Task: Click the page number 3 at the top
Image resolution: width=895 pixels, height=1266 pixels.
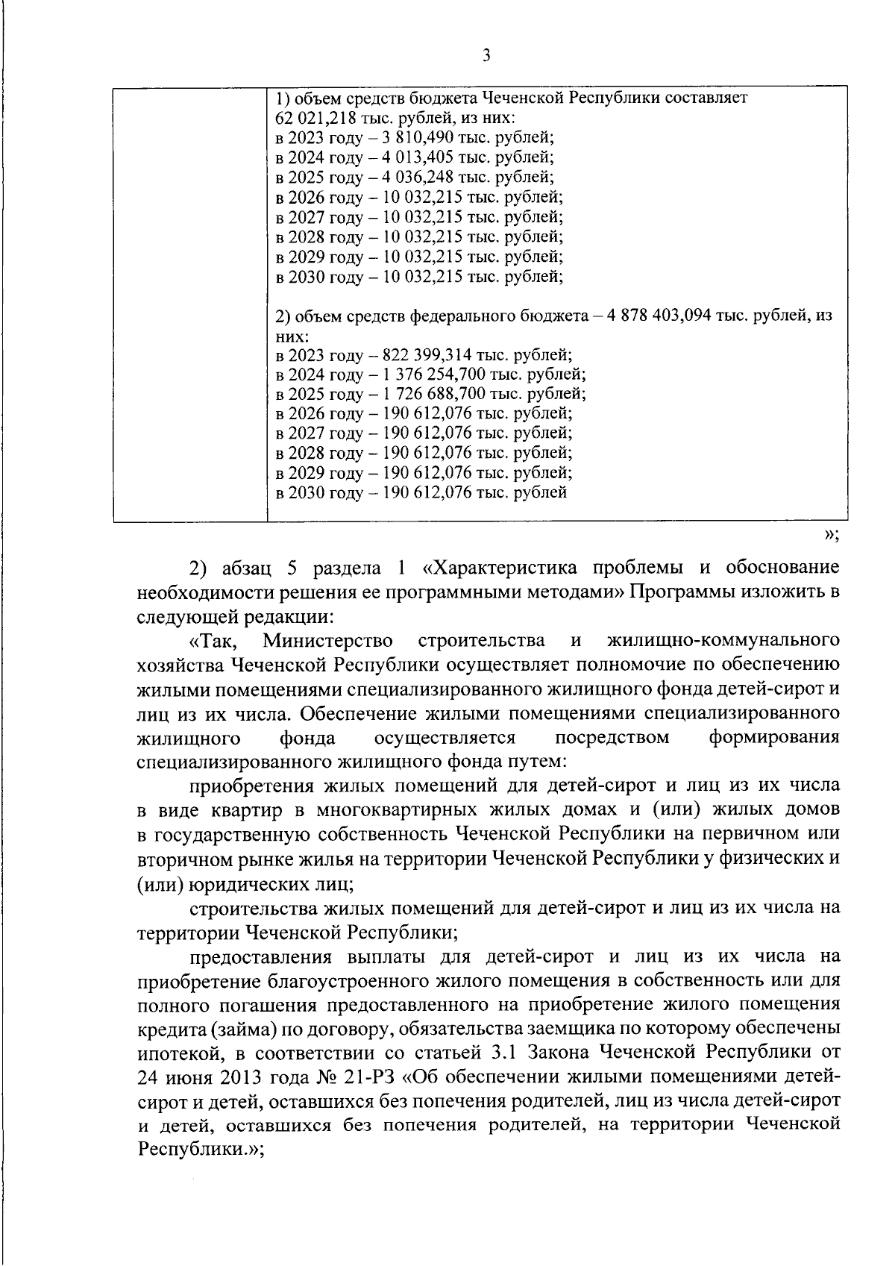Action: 486,55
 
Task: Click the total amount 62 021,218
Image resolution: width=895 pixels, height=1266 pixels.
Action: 310,119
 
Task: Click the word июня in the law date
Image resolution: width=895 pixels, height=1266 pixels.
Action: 189,1077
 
